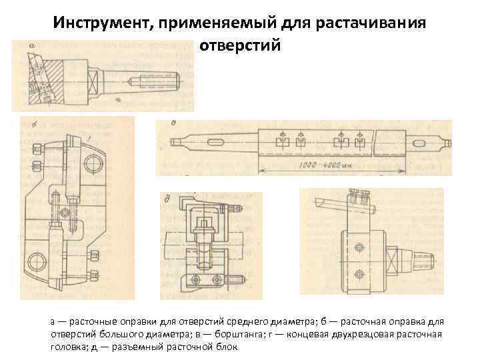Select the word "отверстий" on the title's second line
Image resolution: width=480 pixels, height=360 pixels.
click(x=240, y=47)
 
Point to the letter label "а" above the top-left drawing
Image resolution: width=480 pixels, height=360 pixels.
click(x=31, y=46)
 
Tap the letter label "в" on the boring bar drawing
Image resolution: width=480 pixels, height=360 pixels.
click(x=174, y=123)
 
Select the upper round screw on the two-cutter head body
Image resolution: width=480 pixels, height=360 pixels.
click(x=360, y=248)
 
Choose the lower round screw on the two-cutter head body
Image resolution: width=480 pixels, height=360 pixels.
click(x=360, y=273)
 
